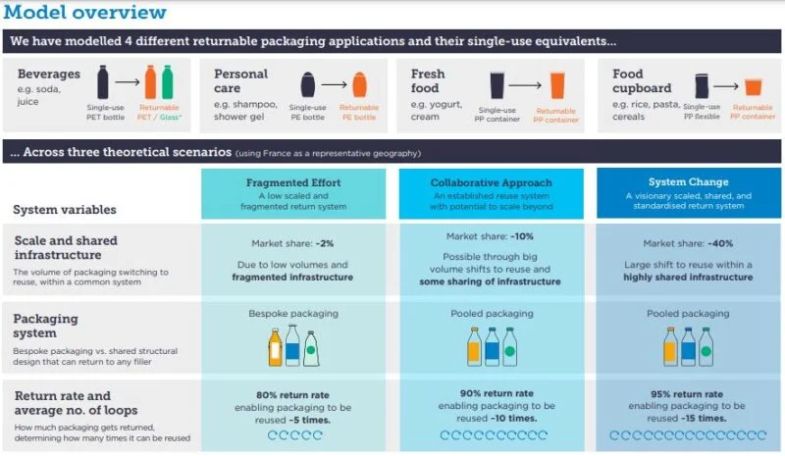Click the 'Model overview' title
point(85,12)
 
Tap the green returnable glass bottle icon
point(167,82)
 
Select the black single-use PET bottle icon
point(103,82)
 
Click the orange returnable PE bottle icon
point(359,84)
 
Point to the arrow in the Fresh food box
point(525,85)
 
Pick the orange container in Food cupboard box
point(753,87)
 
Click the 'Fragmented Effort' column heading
point(293,182)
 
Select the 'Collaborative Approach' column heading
point(492,182)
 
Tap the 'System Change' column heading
point(689,181)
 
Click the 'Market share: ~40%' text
point(688,244)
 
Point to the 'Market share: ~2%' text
point(292,244)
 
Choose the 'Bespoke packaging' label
point(293,314)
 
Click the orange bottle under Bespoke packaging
point(275,347)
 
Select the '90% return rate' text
point(497,393)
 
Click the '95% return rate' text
point(687,394)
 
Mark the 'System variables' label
point(65,210)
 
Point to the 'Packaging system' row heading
point(45,326)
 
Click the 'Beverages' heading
point(48,75)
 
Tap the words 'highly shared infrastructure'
point(688,278)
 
